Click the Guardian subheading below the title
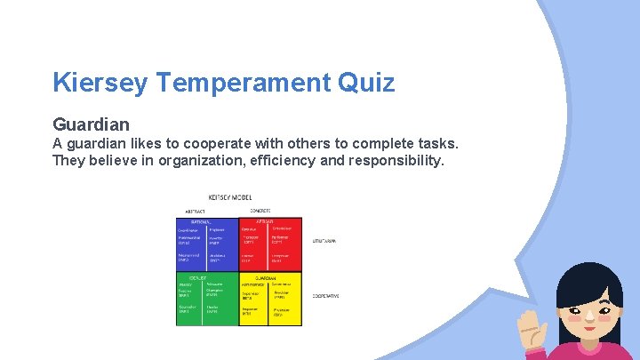point(91,124)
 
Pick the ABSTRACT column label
point(193,211)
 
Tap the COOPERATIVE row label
point(325,295)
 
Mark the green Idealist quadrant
point(208,300)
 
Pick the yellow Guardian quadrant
point(270,300)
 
